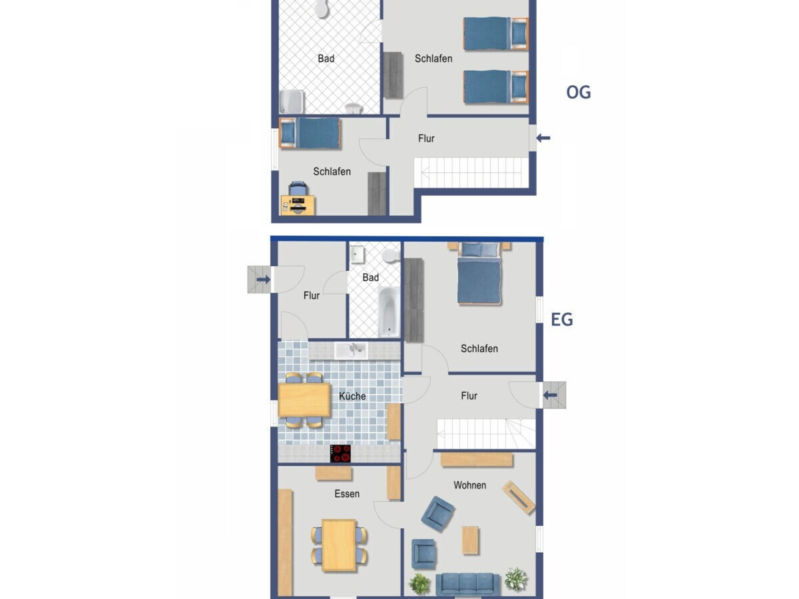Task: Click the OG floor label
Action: [x=578, y=92]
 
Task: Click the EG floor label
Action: [x=562, y=319]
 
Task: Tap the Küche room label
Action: [x=352, y=396]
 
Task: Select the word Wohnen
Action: [x=470, y=485]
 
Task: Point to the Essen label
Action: [x=347, y=494]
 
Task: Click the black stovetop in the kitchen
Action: [x=340, y=453]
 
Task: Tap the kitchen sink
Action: [x=352, y=350]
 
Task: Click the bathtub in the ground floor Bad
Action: [x=389, y=312]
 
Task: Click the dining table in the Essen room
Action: [x=339, y=545]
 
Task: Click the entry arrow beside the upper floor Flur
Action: [x=543, y=138]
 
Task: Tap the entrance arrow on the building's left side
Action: [x=263, y=280]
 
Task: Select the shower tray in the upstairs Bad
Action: [x=291, y=101]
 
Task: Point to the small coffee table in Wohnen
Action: [x=470, y=540]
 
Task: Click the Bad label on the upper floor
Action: [x=326, y=59]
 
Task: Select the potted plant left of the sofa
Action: [x=419, y=583]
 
